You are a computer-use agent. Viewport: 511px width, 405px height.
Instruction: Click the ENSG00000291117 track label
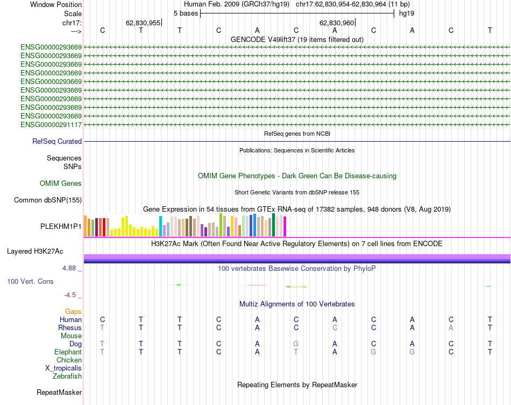pos(51,125)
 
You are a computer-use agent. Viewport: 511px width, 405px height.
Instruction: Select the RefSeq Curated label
pos(57,142)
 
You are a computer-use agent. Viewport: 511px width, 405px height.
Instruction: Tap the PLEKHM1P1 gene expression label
pos(61,227)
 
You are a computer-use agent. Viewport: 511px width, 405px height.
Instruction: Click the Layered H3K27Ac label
pos(35,252)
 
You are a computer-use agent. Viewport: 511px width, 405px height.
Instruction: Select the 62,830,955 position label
pos(143,23)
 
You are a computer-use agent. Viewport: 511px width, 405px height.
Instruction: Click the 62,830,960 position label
pos(337,23)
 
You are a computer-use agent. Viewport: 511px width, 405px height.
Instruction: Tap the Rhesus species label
pos(70,328)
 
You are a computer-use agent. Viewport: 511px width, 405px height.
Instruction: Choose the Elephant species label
pos(68,352)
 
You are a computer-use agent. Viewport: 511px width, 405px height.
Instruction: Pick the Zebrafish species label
pos(67,376)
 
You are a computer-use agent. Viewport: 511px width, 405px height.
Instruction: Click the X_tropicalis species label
pos(63,368)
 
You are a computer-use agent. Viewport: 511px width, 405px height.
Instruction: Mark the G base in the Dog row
pos(296,344)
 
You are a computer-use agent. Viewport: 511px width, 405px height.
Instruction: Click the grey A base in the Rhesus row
pos(451,328)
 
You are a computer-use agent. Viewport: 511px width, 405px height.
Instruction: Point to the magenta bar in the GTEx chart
pos(285,226)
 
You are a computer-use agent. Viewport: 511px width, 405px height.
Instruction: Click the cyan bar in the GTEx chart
pos(160,226)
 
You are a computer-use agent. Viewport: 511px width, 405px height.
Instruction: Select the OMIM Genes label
pos(61,184)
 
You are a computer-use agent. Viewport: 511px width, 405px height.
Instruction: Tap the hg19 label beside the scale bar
pos(406,13)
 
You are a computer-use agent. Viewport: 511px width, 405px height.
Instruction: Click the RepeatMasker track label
pos(59,393)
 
